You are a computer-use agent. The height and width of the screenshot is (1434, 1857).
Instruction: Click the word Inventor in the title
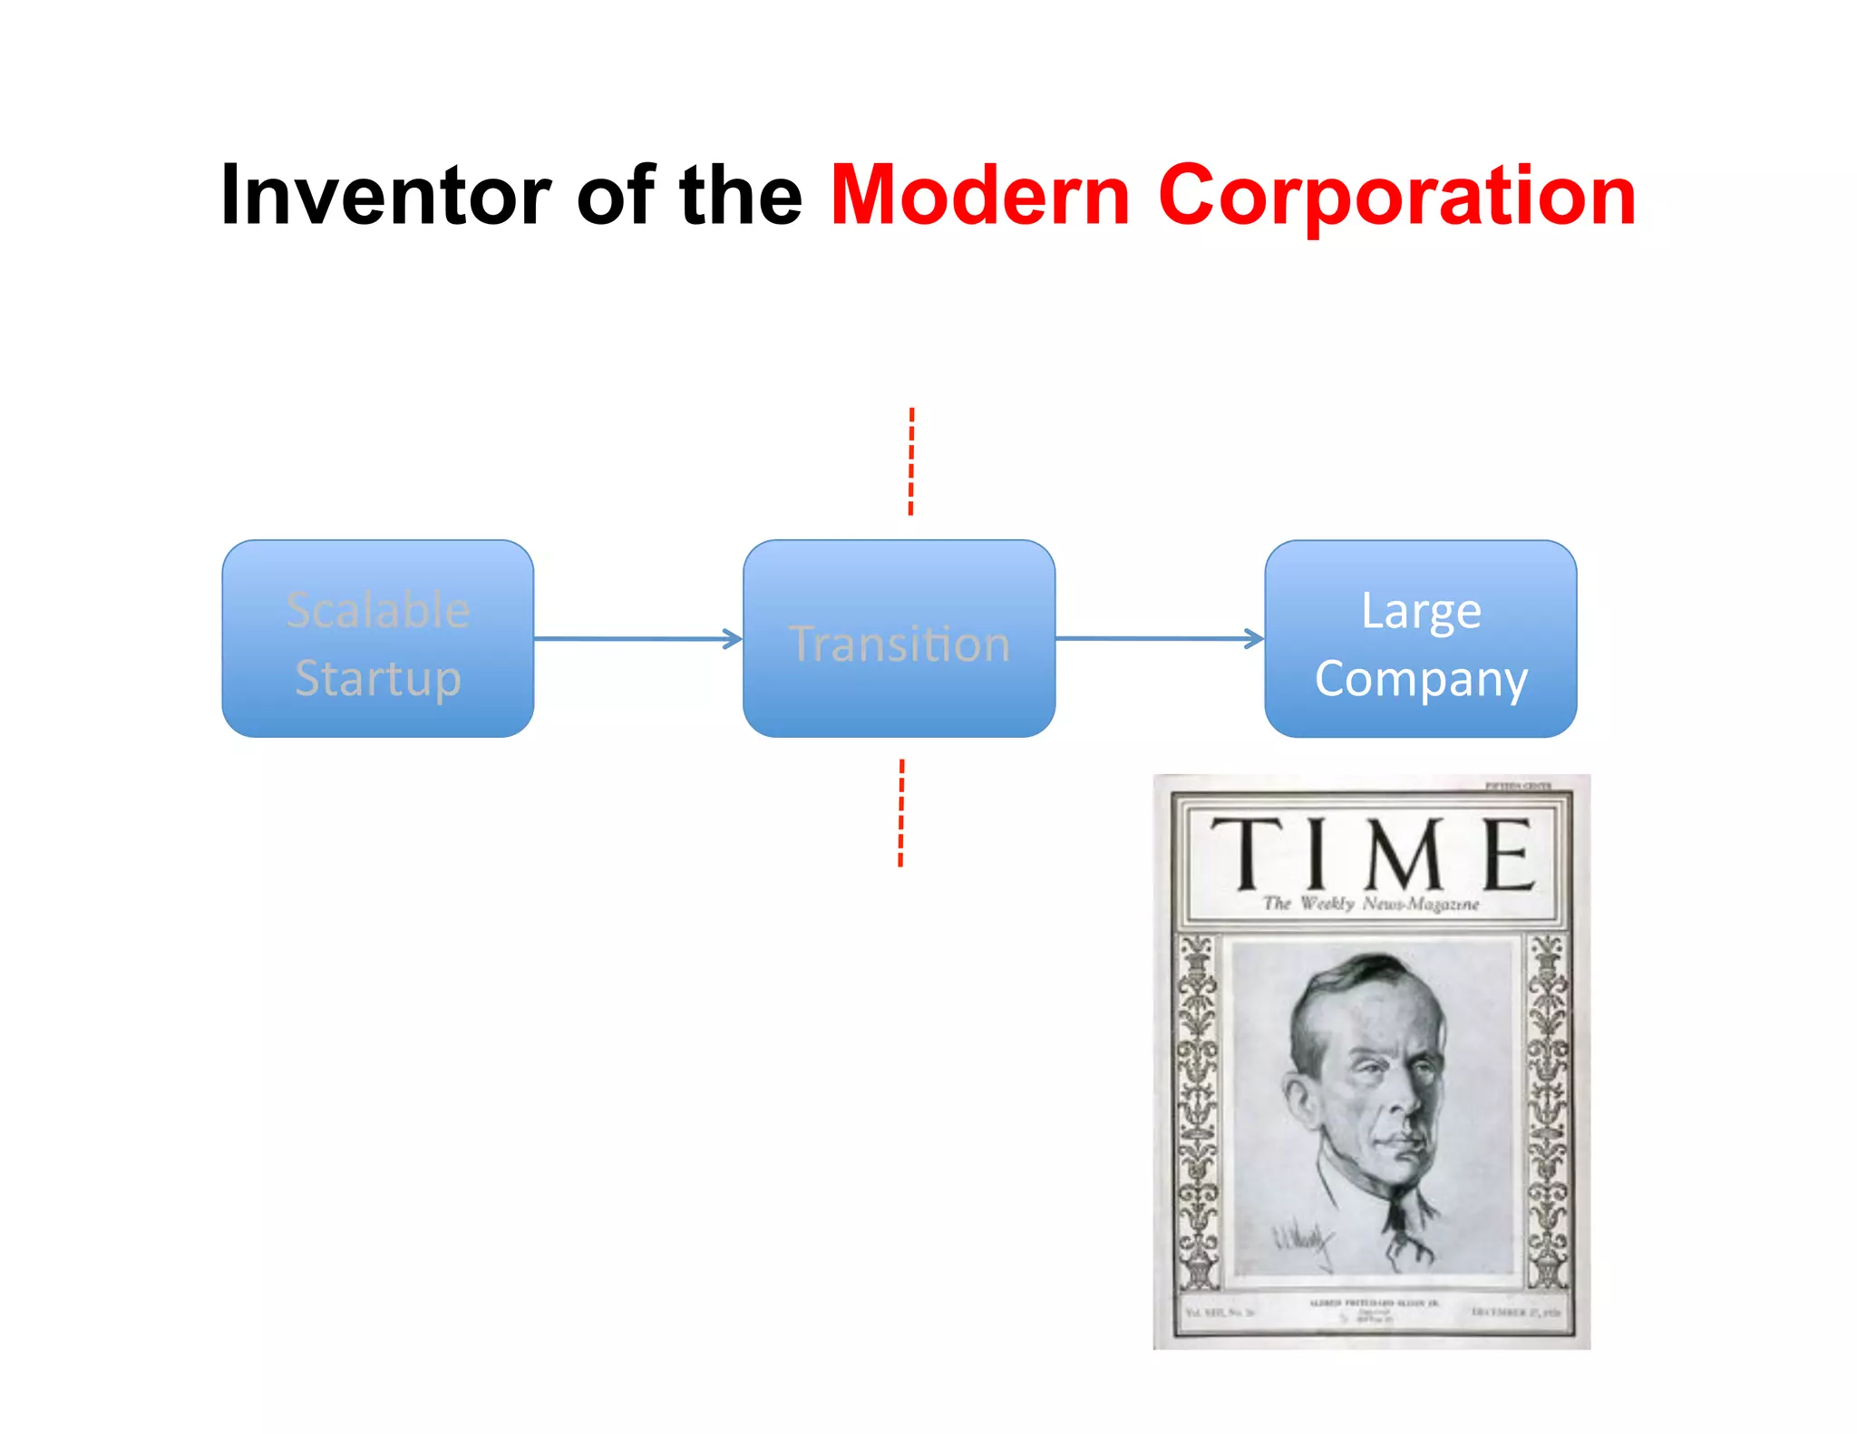click(x=385, y=195)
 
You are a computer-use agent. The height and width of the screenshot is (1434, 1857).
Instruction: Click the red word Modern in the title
click(x=980, y=195)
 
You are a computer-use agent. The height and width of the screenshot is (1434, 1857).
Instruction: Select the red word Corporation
click(x=1396, y=195)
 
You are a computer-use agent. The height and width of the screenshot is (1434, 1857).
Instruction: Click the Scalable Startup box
click(x=377, y=639)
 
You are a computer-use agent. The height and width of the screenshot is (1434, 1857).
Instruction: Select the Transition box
click(x=899, y=639)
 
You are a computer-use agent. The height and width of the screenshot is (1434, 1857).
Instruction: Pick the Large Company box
click(x=1420, y=639)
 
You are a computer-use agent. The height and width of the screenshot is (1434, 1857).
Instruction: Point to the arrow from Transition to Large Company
click(x=1159, y=639)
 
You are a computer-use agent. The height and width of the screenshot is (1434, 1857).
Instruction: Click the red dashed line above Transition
click(x=911, y=461)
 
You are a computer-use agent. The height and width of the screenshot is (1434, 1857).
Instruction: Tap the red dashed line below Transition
click(x=901, y=813)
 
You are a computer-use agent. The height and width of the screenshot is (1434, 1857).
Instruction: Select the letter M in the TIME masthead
click(x=1405, y=854)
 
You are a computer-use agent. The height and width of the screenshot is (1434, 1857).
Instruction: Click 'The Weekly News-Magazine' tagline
click(x=1370, y=904)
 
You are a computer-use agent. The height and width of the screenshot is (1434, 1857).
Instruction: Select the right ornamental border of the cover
click(x=1547, y=1110)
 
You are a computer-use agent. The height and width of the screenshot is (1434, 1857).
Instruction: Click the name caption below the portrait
click(x=1373, y=1303)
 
